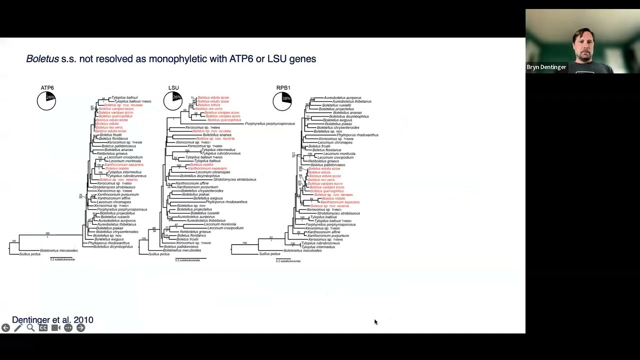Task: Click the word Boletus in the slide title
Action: (42, 59)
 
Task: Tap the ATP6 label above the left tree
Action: (47, 88)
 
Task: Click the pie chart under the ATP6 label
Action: (46, 101)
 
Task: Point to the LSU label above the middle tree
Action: (173, 88)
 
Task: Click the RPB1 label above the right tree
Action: (283, 88)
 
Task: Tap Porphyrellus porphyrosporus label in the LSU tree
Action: (270, 123)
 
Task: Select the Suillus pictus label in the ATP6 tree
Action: (30, 254)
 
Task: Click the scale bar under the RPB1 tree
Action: (288, 259)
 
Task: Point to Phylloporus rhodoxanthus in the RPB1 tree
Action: (357, 135)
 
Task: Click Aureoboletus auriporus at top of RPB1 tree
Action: (342, 97)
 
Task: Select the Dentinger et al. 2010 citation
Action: (52, 320)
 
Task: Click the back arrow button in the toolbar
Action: (5, 328)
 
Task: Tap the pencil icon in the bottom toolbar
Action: (18, 328)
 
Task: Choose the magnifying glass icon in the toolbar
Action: (30, 328)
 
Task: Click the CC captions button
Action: (43, 328)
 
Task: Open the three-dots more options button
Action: (68, 328)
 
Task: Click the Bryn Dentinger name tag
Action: (546, 67)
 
